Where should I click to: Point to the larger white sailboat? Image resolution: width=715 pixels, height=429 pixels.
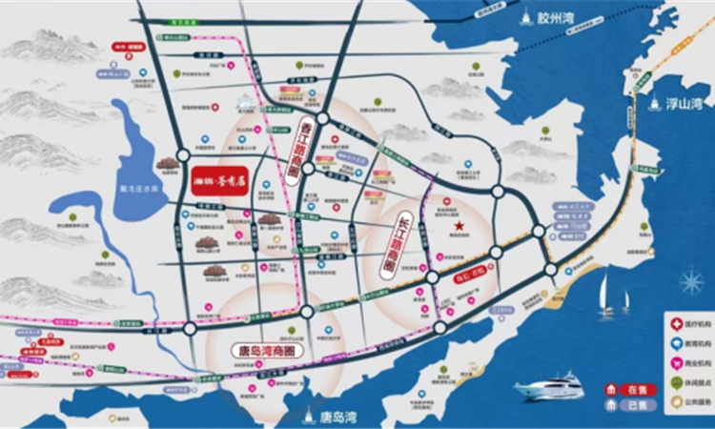(x=606, y=297)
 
